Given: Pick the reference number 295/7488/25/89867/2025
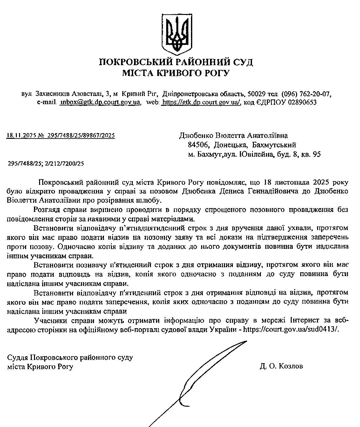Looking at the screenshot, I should pyautogui.click(x=81, y=136).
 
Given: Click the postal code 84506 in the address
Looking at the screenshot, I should pyautogui.click(x=198, y=145).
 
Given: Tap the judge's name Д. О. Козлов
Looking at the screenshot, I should pyautogui.click(x=281, y=366).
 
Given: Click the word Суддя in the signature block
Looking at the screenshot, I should pyautogui.click(x=18, y=357).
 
